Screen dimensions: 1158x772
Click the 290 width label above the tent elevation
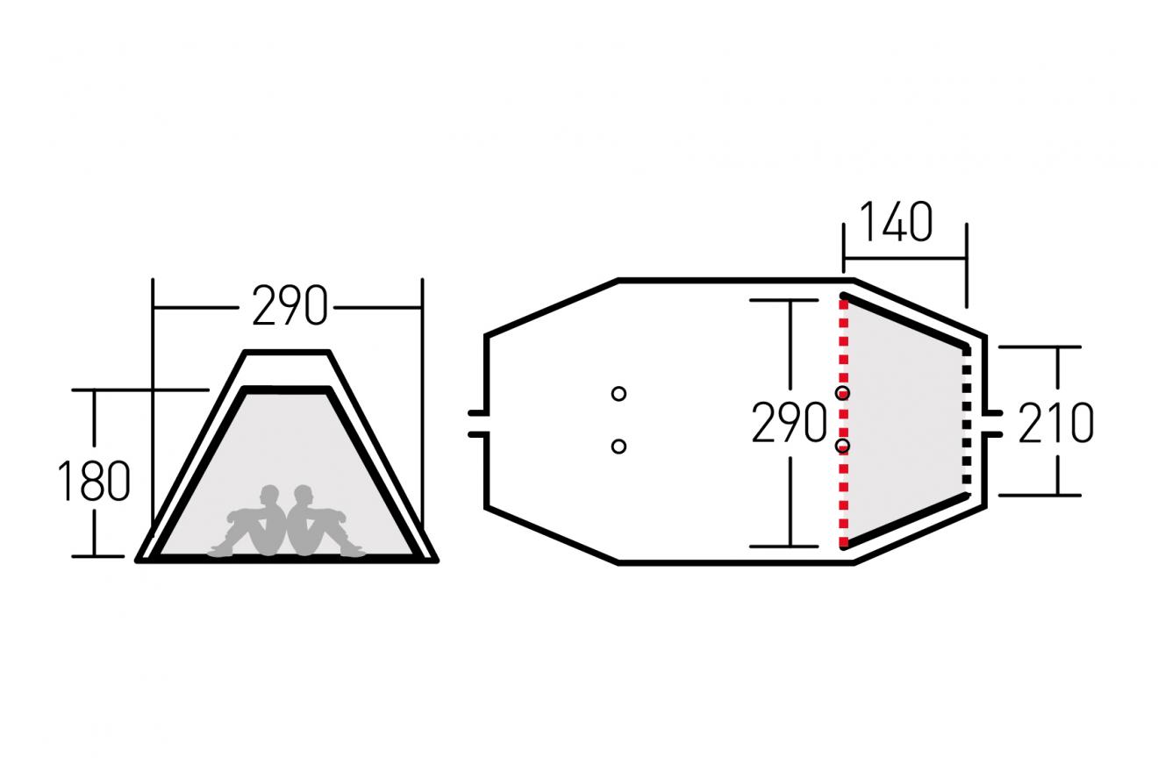[289, 305]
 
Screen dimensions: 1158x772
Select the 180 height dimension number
[94, 481]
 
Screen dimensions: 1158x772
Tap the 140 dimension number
[896, 222]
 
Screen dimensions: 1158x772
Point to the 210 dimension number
[1055, 423]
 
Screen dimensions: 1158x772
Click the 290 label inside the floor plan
[789, 423]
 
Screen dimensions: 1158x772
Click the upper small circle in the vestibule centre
[618, 394]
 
